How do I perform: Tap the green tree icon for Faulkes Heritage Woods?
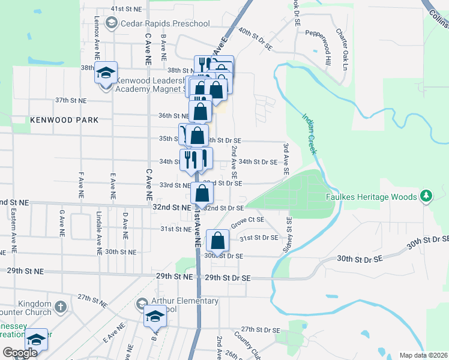point(426,196)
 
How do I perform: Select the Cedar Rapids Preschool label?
point(157,23)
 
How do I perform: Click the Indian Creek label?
point(309,134)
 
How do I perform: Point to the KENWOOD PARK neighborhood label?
point(64,120)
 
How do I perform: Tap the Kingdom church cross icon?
point(60,307)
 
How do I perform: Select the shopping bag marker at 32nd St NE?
point(202,193)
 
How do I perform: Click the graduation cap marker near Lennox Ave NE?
point(106,73)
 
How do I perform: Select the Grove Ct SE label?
point(252,220)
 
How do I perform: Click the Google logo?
point(20,353)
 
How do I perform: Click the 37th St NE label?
point(70,100)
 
